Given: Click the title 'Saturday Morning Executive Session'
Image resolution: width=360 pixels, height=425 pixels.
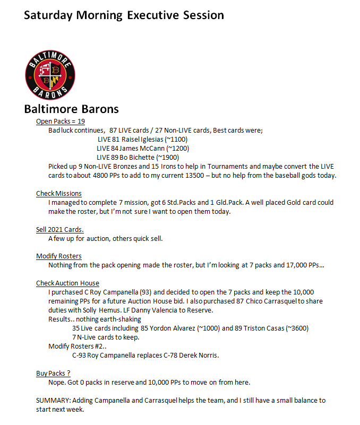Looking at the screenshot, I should (x=124, y=14).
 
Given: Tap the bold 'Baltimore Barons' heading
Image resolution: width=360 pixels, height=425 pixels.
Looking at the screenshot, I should (x=71, y=109).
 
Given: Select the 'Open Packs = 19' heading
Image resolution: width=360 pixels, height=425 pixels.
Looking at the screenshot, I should (x=61, y=122).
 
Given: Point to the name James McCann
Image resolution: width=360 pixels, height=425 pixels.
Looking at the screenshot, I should (x=142, y=148).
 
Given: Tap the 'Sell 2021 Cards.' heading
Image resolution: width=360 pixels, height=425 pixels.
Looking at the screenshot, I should (x=60, y=229).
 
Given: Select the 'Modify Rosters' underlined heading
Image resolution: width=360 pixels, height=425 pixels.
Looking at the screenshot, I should (x=59, y=256).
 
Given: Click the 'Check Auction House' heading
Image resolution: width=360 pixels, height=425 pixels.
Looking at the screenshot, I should (x=67, y=283).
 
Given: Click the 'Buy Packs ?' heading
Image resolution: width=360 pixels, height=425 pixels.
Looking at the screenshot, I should (x=53, y=373).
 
